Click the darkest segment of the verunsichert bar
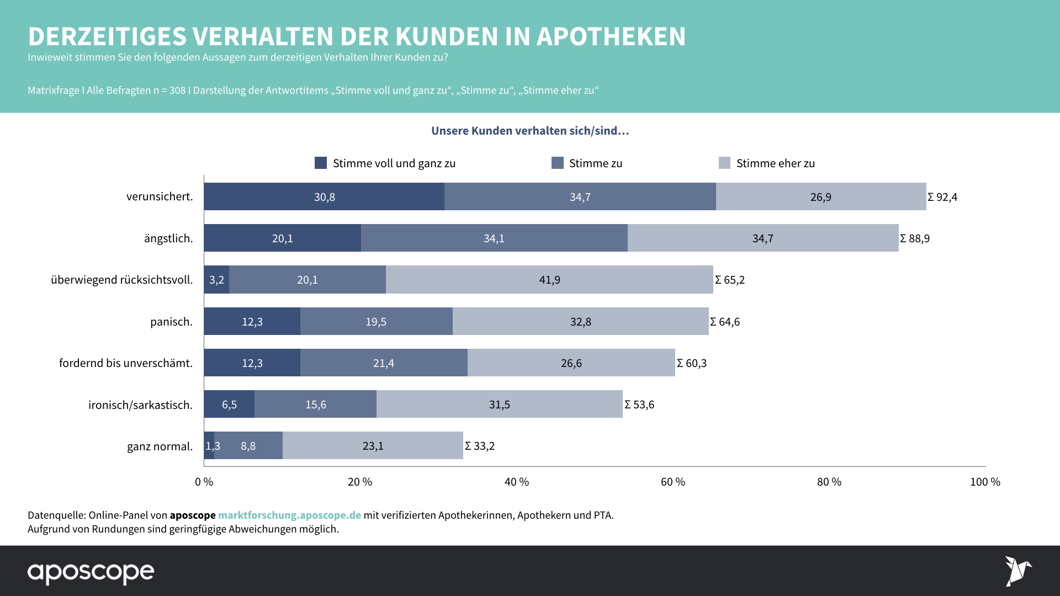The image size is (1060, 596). [324, 196]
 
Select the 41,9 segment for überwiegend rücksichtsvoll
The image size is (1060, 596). [549, 280]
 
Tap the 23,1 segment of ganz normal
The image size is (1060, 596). [373, 446]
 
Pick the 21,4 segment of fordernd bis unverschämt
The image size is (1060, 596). [384, 363]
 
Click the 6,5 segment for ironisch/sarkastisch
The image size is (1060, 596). [229, 405]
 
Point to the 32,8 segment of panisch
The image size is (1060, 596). [580, 322]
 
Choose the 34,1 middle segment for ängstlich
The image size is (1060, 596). [494, 238]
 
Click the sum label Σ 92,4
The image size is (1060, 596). [942, 197]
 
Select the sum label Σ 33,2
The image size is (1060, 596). [480, 446]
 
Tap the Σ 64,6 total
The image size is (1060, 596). [725, 322]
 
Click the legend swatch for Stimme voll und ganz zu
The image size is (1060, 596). [321, 163]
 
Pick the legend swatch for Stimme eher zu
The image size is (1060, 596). [724, 163]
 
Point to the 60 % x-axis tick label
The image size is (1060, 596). [673, 482]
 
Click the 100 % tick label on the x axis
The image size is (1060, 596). [985, 482]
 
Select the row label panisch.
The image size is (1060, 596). [171, 322]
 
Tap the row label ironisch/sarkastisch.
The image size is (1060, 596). [140, 405]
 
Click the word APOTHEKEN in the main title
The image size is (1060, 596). [611, 36]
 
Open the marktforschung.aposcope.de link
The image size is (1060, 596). [289, 515]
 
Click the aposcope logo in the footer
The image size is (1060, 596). [91, 572]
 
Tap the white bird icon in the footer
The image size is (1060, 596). [1017, 571]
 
